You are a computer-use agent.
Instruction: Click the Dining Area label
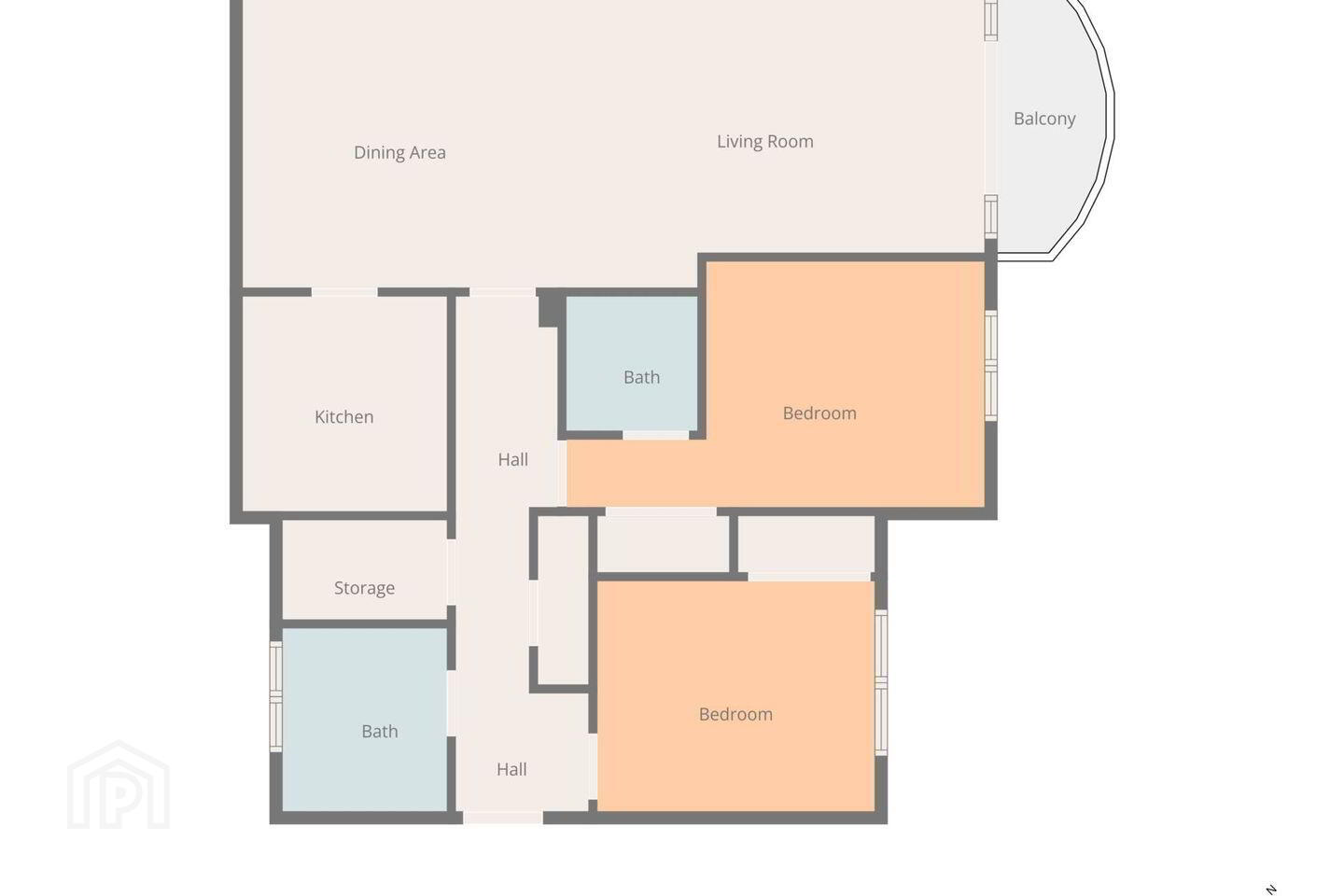tap(399, 152)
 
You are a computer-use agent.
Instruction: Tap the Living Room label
tap(765, 142)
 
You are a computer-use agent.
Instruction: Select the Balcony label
tap(1044, 119)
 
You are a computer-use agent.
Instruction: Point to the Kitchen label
tap(343, 416)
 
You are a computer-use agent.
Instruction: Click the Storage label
tap(364, 588)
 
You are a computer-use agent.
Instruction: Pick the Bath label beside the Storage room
tap(379, 731)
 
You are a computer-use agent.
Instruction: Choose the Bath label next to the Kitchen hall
tap(641, 377)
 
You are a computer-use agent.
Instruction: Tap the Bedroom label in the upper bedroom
tap(819, 413)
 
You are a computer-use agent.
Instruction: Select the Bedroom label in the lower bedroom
tap(735, 714)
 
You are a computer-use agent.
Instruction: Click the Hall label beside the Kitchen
tap(513, 460)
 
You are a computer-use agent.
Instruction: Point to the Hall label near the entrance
tap(511, 769)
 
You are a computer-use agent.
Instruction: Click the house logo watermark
tap(119, 785)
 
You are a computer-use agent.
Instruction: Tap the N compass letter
tap(1270, 889)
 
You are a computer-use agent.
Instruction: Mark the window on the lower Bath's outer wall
tap(275, 696)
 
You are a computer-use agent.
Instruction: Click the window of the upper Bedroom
tap(991, 366)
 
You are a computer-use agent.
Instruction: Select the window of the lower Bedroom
tap(881, 682)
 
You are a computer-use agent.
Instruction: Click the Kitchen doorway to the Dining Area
tap(344, 292)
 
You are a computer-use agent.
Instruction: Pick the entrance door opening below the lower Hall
tap(503, 818)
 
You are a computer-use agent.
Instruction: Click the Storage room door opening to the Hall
tap(451, 572)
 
